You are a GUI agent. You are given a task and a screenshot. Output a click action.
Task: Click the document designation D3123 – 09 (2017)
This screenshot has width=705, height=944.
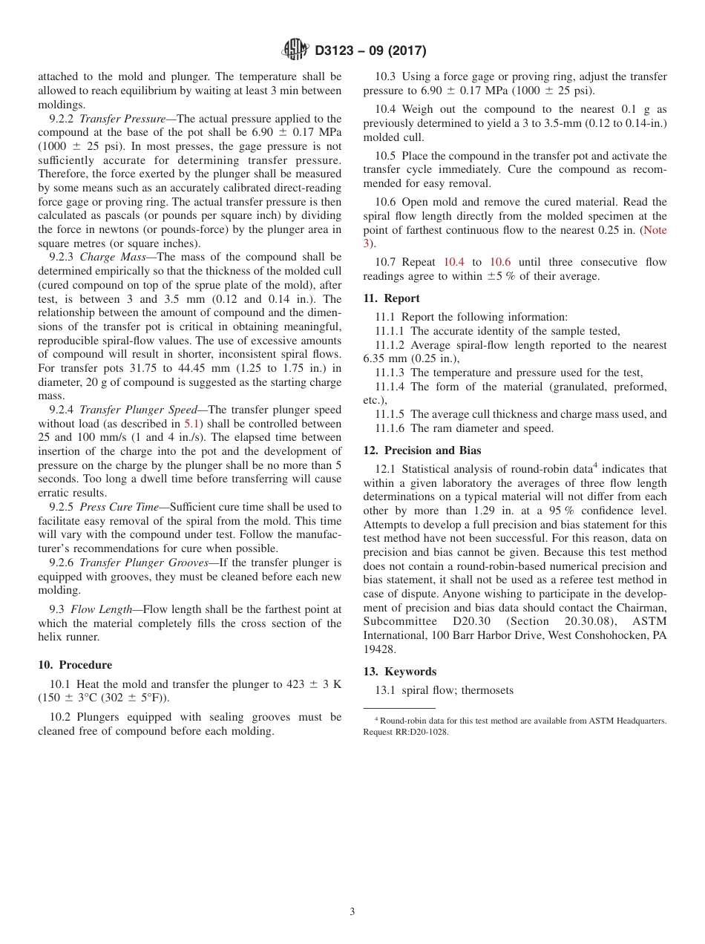point(370,51)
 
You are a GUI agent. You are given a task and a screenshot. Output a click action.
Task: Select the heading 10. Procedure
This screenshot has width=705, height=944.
point(75,664)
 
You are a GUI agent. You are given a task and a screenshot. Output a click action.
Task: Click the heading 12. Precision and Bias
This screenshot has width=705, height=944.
point(422,450)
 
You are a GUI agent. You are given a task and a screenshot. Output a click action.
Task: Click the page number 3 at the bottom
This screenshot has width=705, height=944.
point(352,912)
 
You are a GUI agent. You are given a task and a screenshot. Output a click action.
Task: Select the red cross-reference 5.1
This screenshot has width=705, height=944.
point(191,424)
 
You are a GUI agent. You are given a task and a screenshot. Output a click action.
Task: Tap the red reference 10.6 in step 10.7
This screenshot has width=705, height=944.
point(500,262)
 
